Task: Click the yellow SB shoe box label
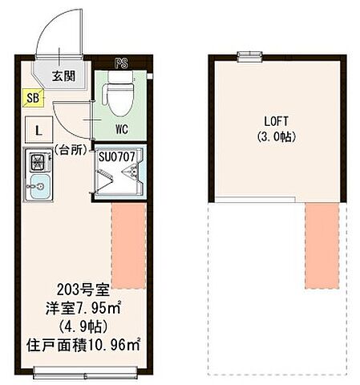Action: (x=31, y=99)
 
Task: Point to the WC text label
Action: (x=121, y=128)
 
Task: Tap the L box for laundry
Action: (x=38, y=128)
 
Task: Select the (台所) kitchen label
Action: (x=71, y=150)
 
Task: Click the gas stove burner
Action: (x=38, y=161)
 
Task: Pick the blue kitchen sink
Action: (x=37, y=188)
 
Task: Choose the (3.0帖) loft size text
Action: (x=275, y=137)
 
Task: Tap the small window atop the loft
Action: (x=250, y=55)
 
